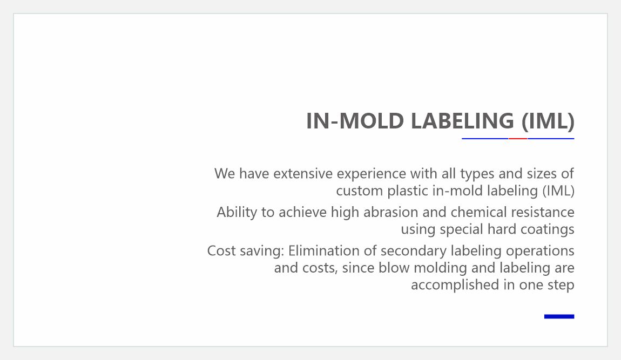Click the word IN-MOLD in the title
tap(355, 121)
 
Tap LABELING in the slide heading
tap(462, 121)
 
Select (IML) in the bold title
tap(548, 121)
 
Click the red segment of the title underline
tap(518, 139)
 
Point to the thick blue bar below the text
tap(559, 316)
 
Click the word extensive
tap(303, 173)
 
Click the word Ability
tap(237, 212)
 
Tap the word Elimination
tap(325, 250)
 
